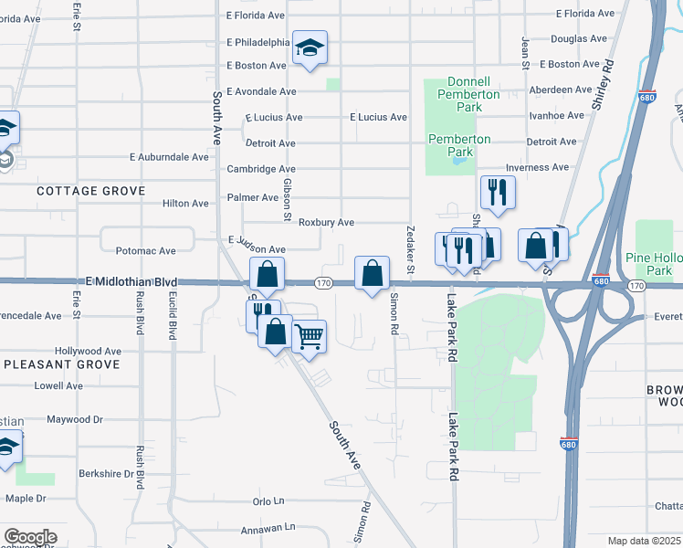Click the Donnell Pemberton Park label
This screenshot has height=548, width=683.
468,94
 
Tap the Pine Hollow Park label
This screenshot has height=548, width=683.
653,264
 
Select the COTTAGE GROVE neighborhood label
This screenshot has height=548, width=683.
90,191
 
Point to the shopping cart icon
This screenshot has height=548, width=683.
310,336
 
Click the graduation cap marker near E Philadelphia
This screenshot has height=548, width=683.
310,47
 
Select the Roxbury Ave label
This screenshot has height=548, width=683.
326,223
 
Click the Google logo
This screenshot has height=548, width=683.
29,537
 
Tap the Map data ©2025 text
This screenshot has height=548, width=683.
645,541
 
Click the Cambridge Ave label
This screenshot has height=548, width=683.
260,169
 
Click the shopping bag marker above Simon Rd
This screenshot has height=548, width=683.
372,272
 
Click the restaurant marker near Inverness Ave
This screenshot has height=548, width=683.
498,190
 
